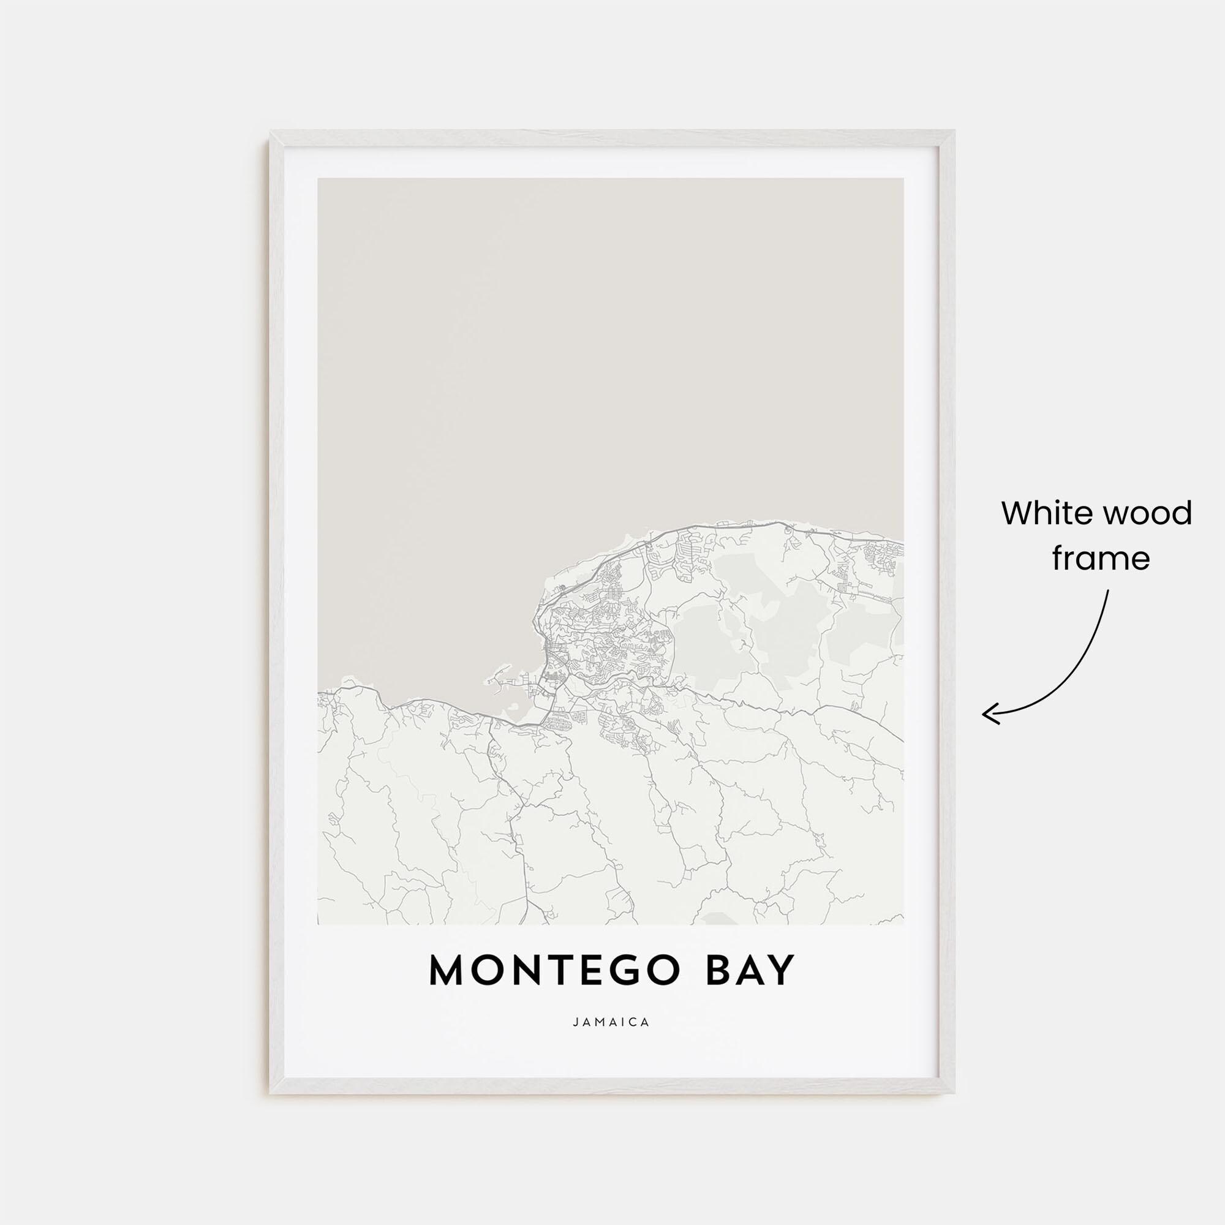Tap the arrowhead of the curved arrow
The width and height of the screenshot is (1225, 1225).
click(986, 714)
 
